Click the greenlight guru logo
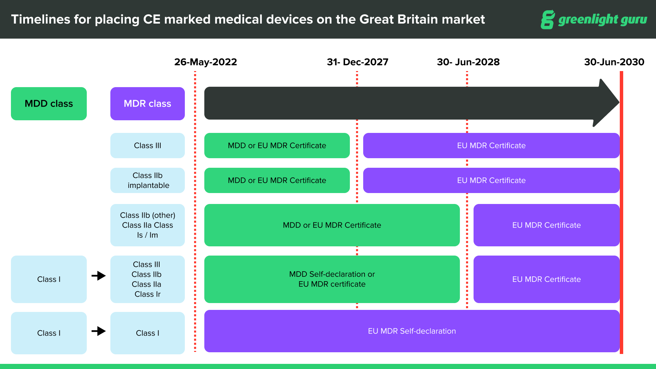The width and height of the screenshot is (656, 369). tap(594, 19)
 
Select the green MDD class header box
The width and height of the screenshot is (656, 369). tap(49, 104)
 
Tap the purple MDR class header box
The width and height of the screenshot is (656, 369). tap(147, 104)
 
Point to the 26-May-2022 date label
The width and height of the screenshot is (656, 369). tap(205, 62)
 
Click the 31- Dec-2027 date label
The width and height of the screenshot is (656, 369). tap(357, 62)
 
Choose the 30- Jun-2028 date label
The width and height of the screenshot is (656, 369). tap(468, 62)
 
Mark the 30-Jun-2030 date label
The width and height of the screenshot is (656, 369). tap(614, 62)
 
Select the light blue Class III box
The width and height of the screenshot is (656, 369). tap(147, 146)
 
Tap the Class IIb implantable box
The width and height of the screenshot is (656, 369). tap(147, 180)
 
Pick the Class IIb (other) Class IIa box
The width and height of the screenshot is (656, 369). tap(147, 225)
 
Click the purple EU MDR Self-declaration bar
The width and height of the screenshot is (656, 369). tap(412, 331)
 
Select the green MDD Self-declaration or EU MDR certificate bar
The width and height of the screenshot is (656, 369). tap(332, 279)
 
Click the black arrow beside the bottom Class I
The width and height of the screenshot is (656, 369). tap(99, 331)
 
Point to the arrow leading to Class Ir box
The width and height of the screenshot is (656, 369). tap(99, 275)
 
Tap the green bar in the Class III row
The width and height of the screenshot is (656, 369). tap(277, 146)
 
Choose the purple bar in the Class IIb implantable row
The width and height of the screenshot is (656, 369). tap(491, 180)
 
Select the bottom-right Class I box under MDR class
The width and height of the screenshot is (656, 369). tap(147, 333)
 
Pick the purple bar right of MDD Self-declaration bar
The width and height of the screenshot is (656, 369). tap(546, 279)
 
